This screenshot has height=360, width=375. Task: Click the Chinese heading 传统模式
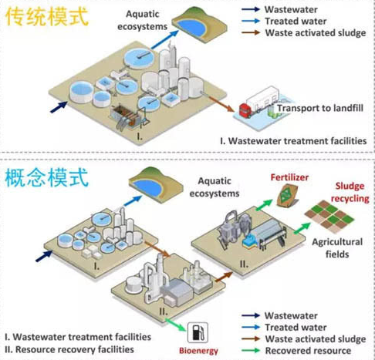coord(46,18)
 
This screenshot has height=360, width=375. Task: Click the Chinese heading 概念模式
coord(47,179)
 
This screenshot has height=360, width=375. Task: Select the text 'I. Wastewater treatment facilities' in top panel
coord(291,142)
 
